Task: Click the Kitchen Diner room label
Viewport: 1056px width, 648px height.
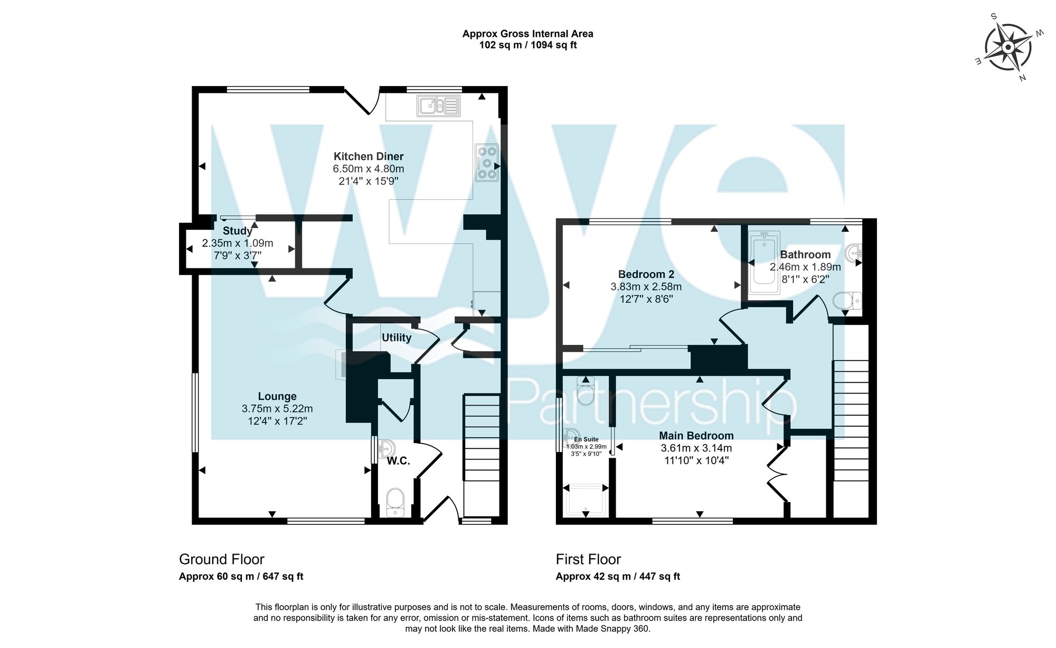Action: click(369, 156)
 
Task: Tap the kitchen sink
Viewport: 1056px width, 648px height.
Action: click(438, 106)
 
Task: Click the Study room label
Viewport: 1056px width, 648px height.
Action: click(238, 231)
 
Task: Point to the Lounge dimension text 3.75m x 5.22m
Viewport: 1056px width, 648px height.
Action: click(277, 409)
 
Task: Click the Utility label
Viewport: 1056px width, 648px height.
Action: click(397, 337)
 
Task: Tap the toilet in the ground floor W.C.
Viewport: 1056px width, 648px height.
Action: click(395, 502)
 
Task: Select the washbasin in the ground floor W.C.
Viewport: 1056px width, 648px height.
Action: click(386, 449)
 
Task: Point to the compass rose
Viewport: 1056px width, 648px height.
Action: click(1008, 48)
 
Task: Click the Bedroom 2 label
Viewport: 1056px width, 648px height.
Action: click(646, 275)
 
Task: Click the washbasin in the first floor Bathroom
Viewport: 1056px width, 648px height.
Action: click(854, 253)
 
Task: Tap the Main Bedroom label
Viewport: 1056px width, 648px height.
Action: click(696, 436)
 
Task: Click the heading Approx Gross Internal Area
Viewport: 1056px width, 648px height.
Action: click(528, 34)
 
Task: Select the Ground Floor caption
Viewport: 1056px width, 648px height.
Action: click(222, 559)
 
